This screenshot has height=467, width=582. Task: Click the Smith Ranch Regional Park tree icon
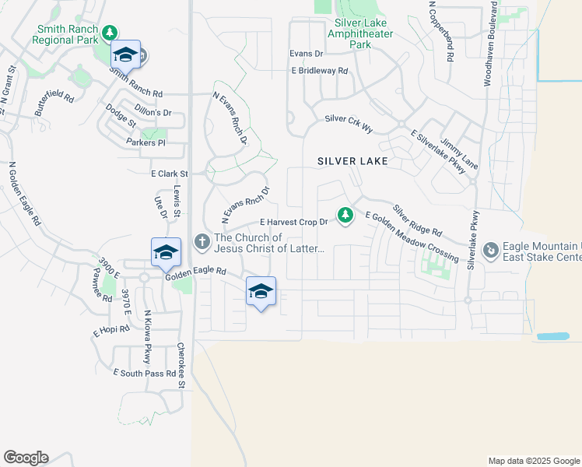[x=110, y=32]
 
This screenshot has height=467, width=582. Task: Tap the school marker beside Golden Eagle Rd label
[x=166, y=252]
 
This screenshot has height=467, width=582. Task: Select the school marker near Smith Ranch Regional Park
[x=125, y=54]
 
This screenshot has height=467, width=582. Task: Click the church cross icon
[x=202, y=241]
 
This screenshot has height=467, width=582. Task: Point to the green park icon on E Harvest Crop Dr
[x=345, y=214]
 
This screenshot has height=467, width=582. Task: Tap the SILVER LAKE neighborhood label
[x=352, y=161]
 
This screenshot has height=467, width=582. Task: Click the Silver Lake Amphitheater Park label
[x=360, y=34]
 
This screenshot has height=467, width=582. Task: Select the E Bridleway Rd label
[x=319, y=71]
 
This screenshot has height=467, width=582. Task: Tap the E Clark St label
[x=170, y=174]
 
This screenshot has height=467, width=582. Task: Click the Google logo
[x=26, y=458]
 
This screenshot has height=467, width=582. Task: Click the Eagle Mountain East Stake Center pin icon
[x=491, y=251]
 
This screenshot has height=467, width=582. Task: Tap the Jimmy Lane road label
[x=452, y=146]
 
